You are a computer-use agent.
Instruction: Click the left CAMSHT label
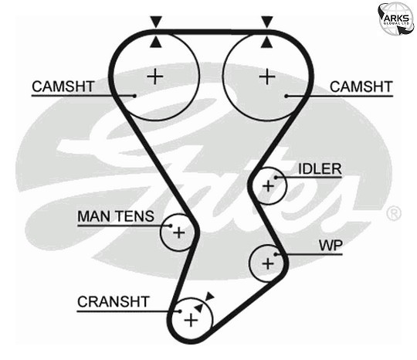(x=63, y=87)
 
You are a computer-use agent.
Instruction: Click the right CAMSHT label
(x=361, y=87)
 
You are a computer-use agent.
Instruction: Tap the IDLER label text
(x=320, y=169)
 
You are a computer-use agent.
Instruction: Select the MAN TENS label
(x=116, y=216)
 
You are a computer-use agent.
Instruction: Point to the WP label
(x=331, y=246)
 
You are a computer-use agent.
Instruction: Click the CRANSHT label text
(x=113, y=302)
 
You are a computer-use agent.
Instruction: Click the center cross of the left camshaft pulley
(x=155, y=76)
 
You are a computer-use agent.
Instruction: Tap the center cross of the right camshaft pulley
(x=267, y=76)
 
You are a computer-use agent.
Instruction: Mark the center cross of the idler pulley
(x=268, y=186)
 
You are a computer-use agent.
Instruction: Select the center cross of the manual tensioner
(x=178, y=233)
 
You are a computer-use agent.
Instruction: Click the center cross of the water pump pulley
(x=268, y=263)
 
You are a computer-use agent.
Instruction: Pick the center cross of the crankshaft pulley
(x=191, y=320)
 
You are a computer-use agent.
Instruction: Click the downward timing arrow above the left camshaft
(x=156, y=22)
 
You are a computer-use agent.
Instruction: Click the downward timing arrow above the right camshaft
(x=267, y=22)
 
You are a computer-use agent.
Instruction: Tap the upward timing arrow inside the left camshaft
(x=155, y=42)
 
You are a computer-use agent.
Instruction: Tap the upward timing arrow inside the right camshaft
(x=266, y=42)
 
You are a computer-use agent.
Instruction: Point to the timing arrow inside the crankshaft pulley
(x=198, y=307)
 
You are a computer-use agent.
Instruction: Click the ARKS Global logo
(x=396, y=19)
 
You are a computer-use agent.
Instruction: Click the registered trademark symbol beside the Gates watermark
(x=394, y=213)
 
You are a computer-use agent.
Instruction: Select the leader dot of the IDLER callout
(x=276, y=178)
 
